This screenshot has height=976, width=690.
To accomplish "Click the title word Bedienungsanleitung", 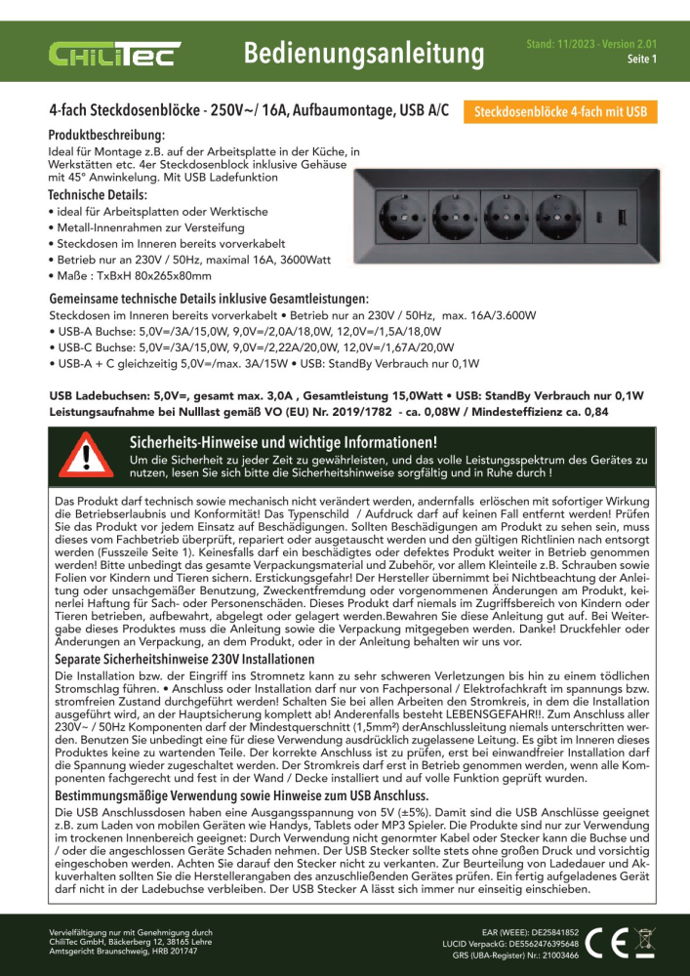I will (364, 51).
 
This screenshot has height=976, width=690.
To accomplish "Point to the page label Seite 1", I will (641, 59).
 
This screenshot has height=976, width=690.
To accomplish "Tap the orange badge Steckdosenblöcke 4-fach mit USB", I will (560, 112).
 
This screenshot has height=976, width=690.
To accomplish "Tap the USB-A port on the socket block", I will (621, 213).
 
